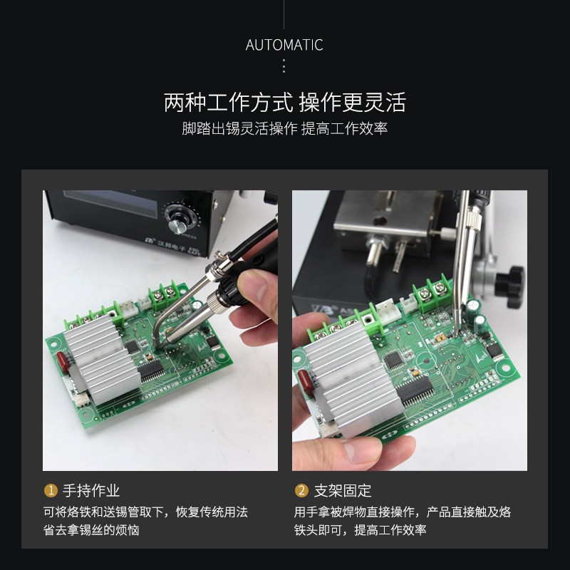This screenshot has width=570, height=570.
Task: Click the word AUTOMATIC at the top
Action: click(x=284, y=45)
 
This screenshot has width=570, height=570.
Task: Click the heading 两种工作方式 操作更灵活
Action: click(x=284, y=103)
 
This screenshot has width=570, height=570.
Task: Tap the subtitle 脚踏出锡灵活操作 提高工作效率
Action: click(x=284, y=128)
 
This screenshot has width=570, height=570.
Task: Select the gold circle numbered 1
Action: click(x=51, y=490)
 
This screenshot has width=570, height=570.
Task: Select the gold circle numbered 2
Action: click(x=301, y=490)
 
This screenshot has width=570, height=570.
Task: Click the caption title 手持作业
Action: click(x=91, y=491)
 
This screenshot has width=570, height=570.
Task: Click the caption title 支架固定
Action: click(x=343, y=491)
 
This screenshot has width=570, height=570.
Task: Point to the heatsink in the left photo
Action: click(x=102, y=360)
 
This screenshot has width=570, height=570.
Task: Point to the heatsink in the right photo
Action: click(x=353, y=380)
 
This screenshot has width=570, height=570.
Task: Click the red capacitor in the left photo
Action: click(x=63, y=362)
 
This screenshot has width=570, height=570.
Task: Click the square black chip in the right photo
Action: click(x=394, y=359)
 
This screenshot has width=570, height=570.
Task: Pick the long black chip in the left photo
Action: click(x=151, y=369)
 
